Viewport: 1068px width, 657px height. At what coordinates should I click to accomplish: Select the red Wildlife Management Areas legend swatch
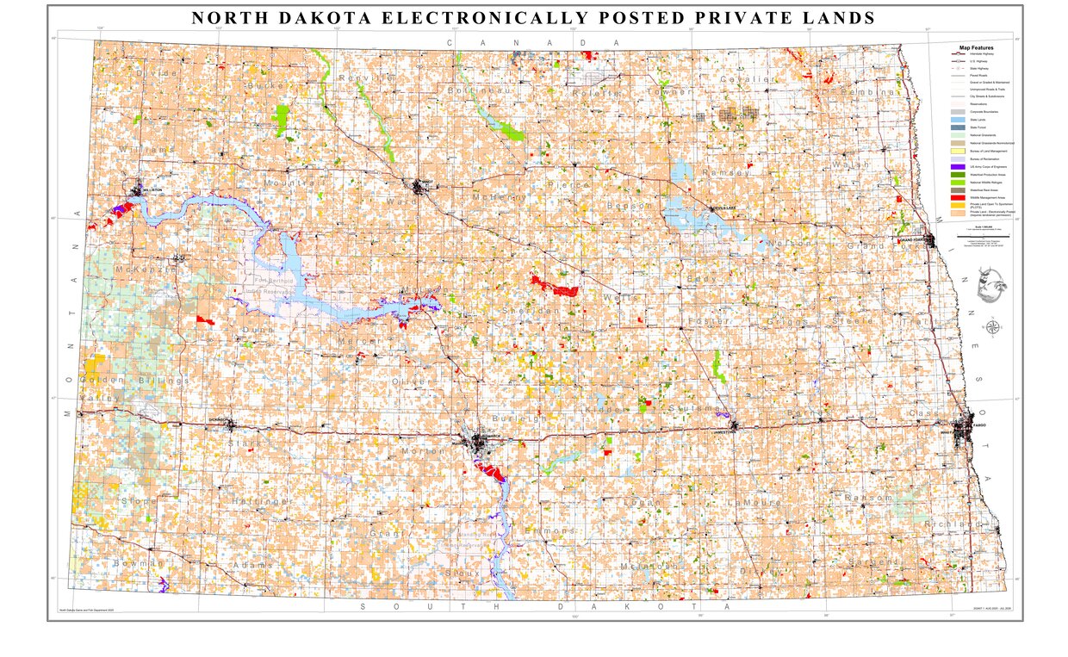pos(957,198)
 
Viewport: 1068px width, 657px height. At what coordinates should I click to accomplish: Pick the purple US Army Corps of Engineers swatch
pos(957,166)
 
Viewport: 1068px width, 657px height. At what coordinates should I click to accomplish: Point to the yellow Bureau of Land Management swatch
pos(957,151)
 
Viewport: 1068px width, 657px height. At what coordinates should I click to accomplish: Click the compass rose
pos(993,327)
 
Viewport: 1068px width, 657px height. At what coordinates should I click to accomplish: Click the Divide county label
pos(156,74)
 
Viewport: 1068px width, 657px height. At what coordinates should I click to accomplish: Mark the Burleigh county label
pos(518,418)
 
